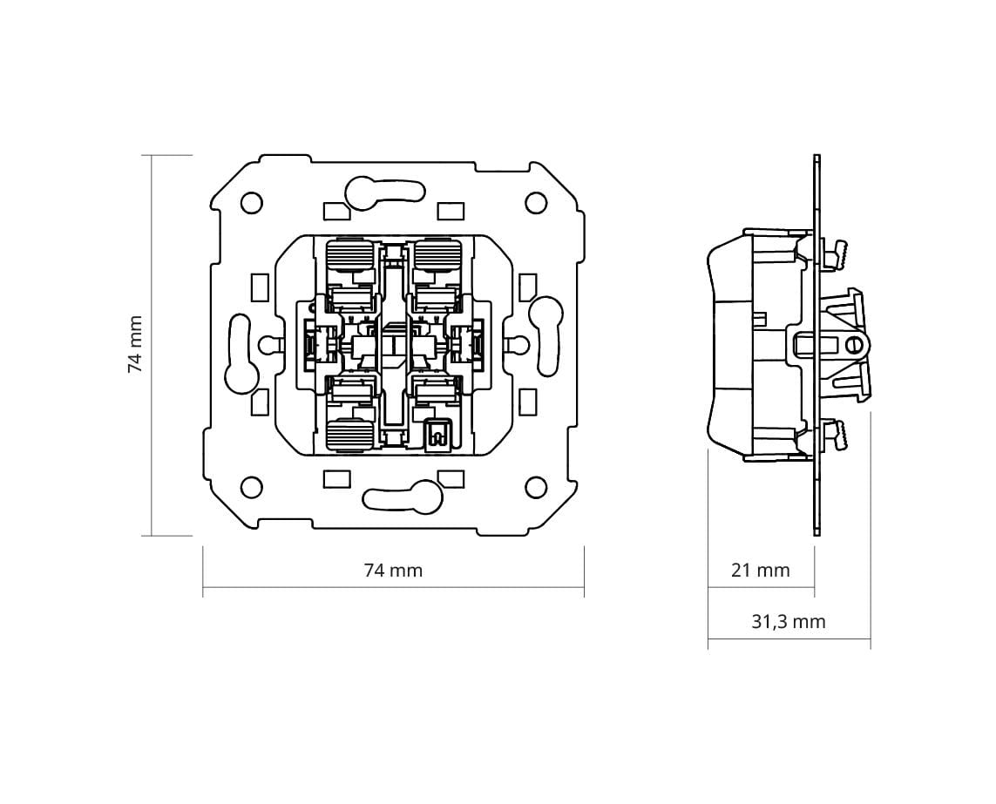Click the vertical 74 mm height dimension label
point(135,344)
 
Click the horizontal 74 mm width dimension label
point(393,571)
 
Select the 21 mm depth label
point(761,571)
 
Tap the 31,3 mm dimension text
point(789,622)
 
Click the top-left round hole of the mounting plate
point(252,202)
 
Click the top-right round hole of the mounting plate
point(536,202)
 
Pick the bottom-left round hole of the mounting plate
point(252,488)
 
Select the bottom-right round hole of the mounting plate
point(536,488)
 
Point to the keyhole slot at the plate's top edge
point(384,193)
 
